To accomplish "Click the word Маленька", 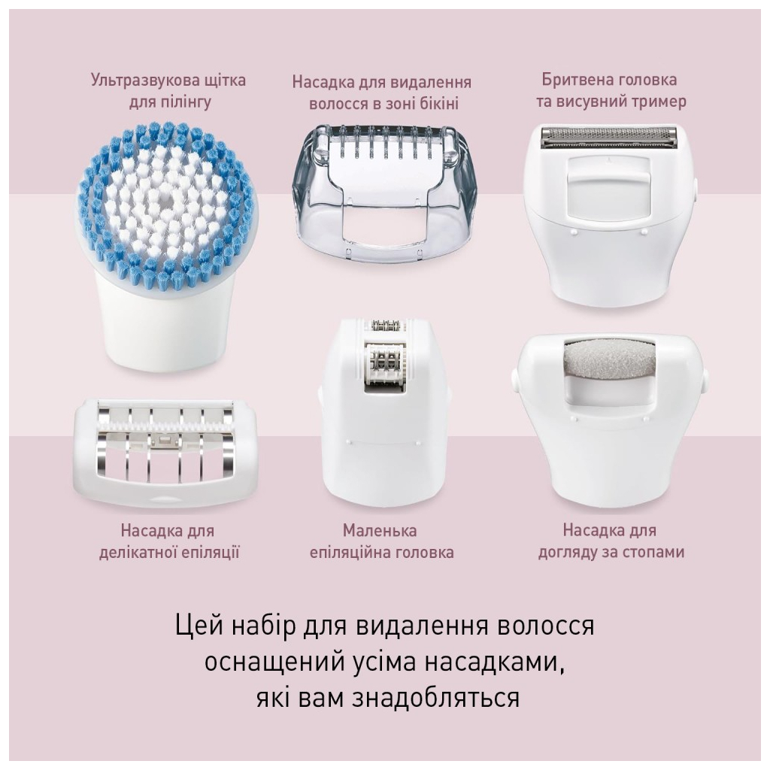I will (380, 532).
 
